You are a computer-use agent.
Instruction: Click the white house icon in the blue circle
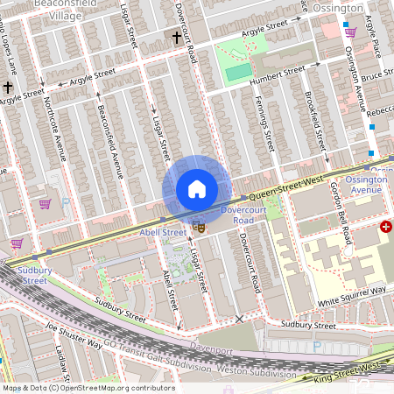click(197, 189)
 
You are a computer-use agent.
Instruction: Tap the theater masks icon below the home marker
click(199, 226)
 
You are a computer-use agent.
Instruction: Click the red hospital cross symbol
click(386, 226)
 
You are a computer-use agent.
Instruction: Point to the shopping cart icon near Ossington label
click(351, 32)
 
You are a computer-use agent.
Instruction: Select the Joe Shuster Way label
click(74, 338)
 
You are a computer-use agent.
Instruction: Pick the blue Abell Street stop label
click(163, 233)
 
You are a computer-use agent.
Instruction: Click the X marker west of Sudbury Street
click(240, 320)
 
